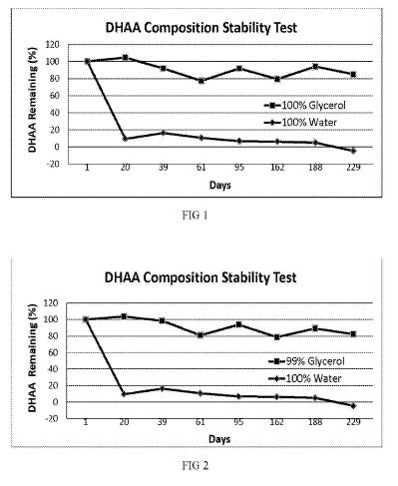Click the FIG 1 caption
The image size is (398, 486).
pos(195,216)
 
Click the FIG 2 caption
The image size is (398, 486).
pos(196,465)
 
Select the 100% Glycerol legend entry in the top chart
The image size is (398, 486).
pos(305,106)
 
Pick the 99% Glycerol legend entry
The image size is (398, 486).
pos(306,361)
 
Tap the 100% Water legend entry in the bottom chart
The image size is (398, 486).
pos(305,378)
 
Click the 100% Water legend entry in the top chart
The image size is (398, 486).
pos(300,123)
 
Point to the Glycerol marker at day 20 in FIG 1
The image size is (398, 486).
pos(125,57)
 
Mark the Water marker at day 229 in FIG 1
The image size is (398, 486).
pos(353,151)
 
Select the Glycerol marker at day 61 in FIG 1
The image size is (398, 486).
pos(201,81)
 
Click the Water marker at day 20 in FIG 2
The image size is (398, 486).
pos(124,394)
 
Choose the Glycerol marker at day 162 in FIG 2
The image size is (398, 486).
pos(277,337)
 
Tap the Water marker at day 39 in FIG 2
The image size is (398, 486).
pos(163,388)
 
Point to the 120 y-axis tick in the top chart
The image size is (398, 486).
pos(52,45)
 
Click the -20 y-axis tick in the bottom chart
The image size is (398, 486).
pos(51,418)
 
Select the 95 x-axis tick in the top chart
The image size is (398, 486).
pos(239,168)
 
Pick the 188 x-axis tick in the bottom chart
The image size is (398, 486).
pos(315,422)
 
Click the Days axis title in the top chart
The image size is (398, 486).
pos(220,185)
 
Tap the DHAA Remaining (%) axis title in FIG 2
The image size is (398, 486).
pos(32,358)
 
